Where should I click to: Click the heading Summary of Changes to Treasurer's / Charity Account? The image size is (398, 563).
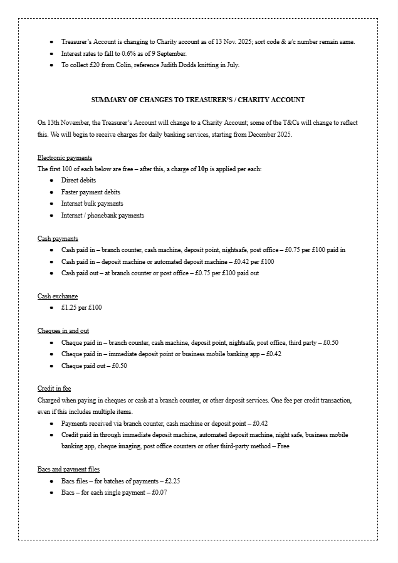pyautogui.click(x=198, y=100)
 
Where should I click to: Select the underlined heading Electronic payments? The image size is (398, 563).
pyautogui.click(x=65, y=157)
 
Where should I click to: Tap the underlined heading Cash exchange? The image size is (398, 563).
pyautogui.click(x=58, y=296)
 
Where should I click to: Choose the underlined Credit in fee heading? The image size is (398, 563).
pyautogui.click(x=54, y=389)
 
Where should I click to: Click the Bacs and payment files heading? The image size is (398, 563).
pyautogui.click(x=68, y=469)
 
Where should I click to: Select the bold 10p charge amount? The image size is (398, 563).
pyautogui.click(x=202, y=169)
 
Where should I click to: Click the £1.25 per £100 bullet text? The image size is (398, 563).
pyautogui.click(x=81, y=307)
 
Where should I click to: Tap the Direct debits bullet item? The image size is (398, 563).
pyautogui.click(x=78, y=181)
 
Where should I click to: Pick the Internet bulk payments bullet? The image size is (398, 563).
pyautogui.click(x=92, y=204)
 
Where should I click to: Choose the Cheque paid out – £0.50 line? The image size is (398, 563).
pyautogui.click(x=94, y=366)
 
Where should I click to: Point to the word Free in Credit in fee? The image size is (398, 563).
pyautogui.click(x=283, y=446)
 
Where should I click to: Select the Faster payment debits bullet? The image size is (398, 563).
pyautogui.click(x=90, y=192)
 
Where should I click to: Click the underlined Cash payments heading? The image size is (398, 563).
pyautogui.click(x=58, y=238)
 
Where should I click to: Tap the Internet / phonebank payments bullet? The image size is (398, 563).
pyautogui.click(x=102, y=216)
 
